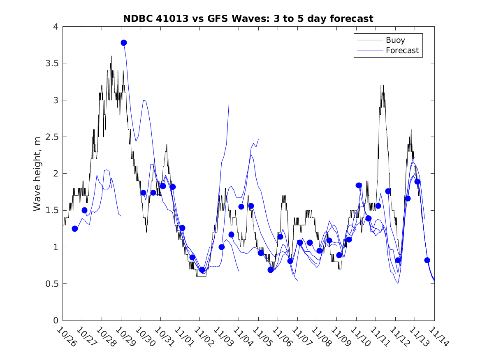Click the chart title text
point(248,19)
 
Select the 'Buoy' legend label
point(395,40)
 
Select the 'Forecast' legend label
point(402,51)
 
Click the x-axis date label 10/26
point(65,337)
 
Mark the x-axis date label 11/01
point(183,337)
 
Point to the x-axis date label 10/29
point(124,337)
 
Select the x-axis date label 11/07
point(300,337)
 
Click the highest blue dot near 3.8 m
point(124,43)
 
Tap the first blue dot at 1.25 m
point(75,229)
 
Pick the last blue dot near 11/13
point(427,260)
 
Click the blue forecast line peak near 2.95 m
point(229,105)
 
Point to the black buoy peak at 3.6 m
point(111,56)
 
